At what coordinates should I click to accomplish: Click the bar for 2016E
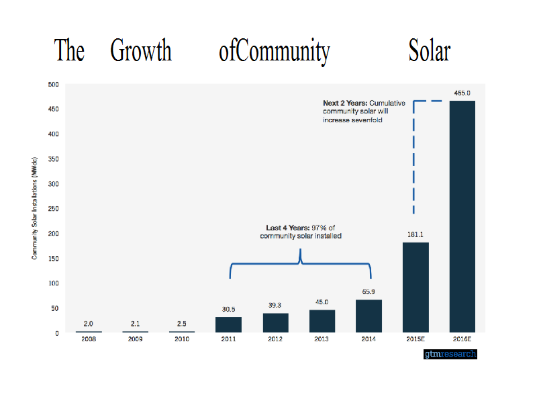pos(462,216)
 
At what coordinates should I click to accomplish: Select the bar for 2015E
pos(416,287)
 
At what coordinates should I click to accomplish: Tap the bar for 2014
pos(369,316)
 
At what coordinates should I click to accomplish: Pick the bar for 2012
pos(275,323)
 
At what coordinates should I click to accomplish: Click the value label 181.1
pos(416,234)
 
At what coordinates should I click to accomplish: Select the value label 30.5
pos(228,309)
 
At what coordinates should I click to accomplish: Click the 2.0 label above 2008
pos(89,323)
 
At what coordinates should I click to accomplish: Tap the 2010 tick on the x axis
pos(182,339)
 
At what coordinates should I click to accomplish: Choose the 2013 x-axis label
pos(322,339)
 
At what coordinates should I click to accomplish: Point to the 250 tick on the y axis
pos(53,209)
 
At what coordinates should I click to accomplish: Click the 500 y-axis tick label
pos(53,85)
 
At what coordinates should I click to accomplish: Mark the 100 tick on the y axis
pos(53,283)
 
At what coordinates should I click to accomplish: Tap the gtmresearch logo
pos(450,353)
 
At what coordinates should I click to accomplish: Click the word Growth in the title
pos(141,51)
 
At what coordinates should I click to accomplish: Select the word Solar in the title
pos(430,51)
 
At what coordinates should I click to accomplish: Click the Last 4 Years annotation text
pos(300,232)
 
